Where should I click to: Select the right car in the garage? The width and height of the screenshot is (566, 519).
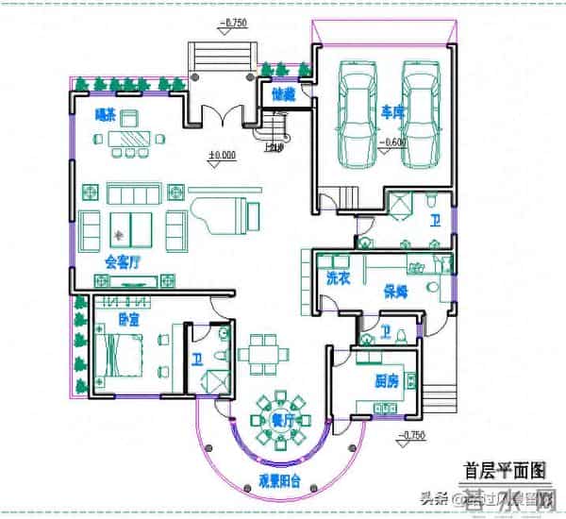[421, 113]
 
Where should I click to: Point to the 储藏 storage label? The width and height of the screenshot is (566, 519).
[284, 93]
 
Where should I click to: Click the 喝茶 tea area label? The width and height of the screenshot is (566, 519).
[106, 116]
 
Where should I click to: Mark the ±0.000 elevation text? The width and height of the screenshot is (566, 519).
[222, 154]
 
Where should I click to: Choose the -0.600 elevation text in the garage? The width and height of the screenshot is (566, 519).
[391, 142]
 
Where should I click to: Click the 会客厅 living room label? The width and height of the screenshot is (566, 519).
[122, 260]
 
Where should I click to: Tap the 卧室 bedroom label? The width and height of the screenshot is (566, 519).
[128, 319]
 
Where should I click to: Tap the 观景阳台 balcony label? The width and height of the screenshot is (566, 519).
[279, 479]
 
